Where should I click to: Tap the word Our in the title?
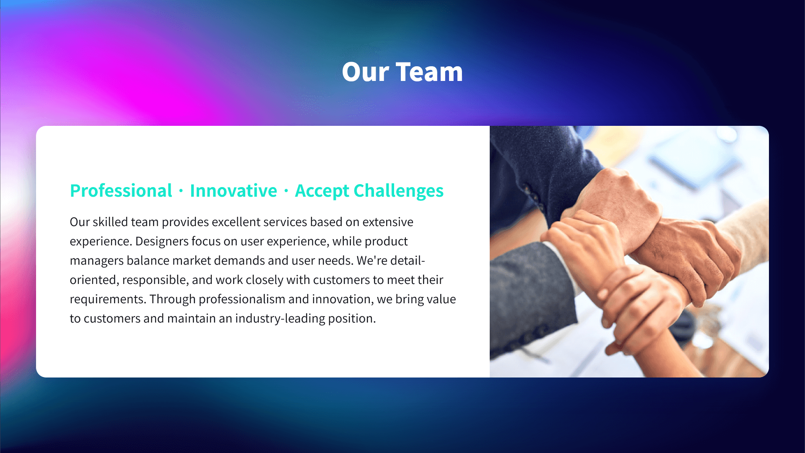point(366,72)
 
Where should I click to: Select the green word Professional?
point(121,191)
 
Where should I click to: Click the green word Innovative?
point(233,191)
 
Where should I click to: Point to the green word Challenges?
point(398,191)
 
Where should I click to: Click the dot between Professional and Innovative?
point(181,191)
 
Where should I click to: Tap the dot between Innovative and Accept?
point(286,191)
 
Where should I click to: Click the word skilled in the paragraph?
point(110,222)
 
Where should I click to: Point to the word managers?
point(96,261)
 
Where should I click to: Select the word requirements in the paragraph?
point(108,299)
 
